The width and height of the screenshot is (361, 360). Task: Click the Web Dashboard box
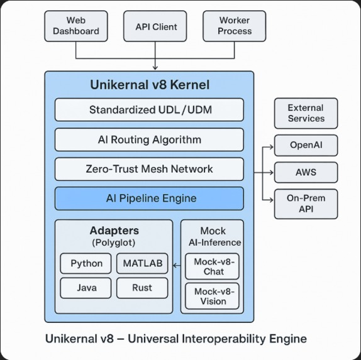(x=75, y=26)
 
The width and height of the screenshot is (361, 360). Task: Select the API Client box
(x=156, y=27)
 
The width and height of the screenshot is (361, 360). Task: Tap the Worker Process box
(x=234, y=26)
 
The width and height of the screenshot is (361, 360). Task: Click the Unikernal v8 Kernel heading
(x=149, y=85)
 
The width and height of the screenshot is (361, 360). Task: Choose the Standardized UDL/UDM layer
(x=149, y=110)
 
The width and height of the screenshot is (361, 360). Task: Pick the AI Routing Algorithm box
(x=149, y=139)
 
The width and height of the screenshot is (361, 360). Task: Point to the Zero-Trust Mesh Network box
(x=149, y=169)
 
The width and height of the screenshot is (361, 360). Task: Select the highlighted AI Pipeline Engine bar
(x=149, y=199)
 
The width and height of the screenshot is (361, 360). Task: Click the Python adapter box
(x=86, y=263)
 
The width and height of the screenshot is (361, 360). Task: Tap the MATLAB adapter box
(x=142, y=263)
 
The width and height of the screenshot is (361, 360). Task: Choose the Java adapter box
(x=86, y=288)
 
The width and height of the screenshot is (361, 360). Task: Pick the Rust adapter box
(x=142, y=288)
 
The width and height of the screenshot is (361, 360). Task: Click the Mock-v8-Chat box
(x=213, y=266)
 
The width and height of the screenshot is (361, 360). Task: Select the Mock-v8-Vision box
(x=213, y=295)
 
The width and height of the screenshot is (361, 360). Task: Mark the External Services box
(x=305, y=113)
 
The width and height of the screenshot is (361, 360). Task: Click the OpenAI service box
(x=305, y=145)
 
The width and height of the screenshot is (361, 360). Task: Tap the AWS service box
(x=305, y=172)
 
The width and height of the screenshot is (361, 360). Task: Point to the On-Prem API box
(x=305, y=204)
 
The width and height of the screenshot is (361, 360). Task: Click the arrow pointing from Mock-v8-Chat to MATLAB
(x=177, y=264)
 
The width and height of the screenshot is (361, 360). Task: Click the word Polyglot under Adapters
(x=113, y=243)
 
